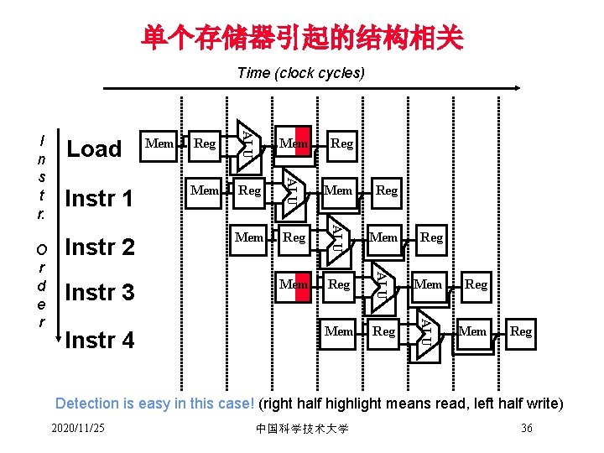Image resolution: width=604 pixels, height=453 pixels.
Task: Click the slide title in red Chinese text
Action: (302, 36)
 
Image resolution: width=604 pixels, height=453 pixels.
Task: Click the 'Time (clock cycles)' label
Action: (301, 73)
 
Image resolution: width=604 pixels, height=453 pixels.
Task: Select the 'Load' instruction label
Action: (94, 149)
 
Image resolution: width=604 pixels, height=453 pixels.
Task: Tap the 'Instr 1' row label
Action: (99, 199)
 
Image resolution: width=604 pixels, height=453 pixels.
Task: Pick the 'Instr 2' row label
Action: (99, 247)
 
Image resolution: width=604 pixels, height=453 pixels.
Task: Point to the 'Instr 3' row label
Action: (99, 293)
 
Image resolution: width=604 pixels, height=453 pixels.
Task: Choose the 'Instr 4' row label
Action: (99, 340)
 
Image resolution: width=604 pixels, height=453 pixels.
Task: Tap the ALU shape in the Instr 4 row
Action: (427, 331)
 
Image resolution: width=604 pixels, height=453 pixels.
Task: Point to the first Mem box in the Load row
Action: (159, 143)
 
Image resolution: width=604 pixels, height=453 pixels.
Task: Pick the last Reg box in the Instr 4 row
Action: (521, 331)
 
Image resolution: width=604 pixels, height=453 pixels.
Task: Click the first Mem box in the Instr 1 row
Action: (205, 190)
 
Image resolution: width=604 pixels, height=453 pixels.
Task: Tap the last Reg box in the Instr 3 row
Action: (476, 284)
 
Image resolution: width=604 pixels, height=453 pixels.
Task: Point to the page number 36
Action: (527, 429)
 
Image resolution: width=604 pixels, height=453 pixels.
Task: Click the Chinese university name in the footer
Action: (302, 430)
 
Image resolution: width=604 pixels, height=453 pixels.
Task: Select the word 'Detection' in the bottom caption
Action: (87, 403)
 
